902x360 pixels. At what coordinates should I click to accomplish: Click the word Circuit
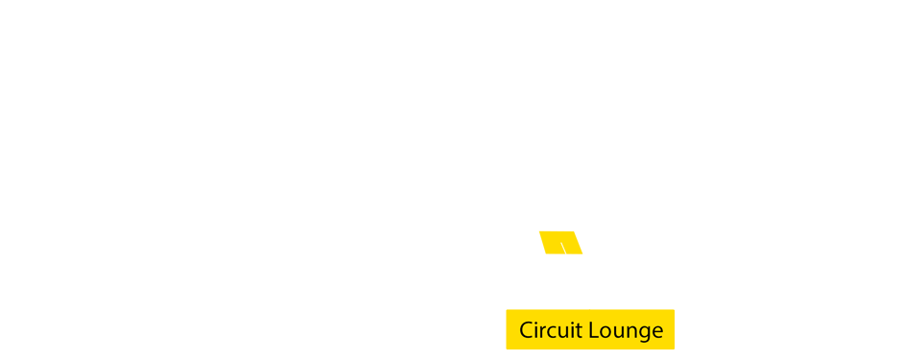coord(550,330)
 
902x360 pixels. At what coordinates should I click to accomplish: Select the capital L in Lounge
coord(594,330)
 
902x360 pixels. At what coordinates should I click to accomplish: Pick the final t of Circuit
coord(579,330)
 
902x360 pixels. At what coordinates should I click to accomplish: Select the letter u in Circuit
coord(563,332)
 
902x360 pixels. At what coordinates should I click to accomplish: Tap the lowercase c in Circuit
coord(552,332)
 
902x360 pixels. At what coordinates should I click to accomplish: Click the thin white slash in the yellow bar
coord(563,248)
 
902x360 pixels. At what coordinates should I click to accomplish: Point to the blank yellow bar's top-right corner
coord(582,230)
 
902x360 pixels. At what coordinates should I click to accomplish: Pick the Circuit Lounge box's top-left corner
coord(507,310)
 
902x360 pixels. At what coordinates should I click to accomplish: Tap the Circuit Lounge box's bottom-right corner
coord(674,348)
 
